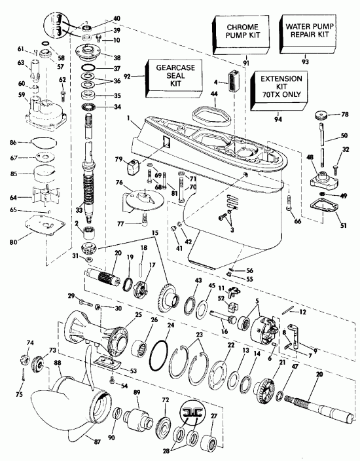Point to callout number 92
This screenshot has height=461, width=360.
click(x=129, y=77)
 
